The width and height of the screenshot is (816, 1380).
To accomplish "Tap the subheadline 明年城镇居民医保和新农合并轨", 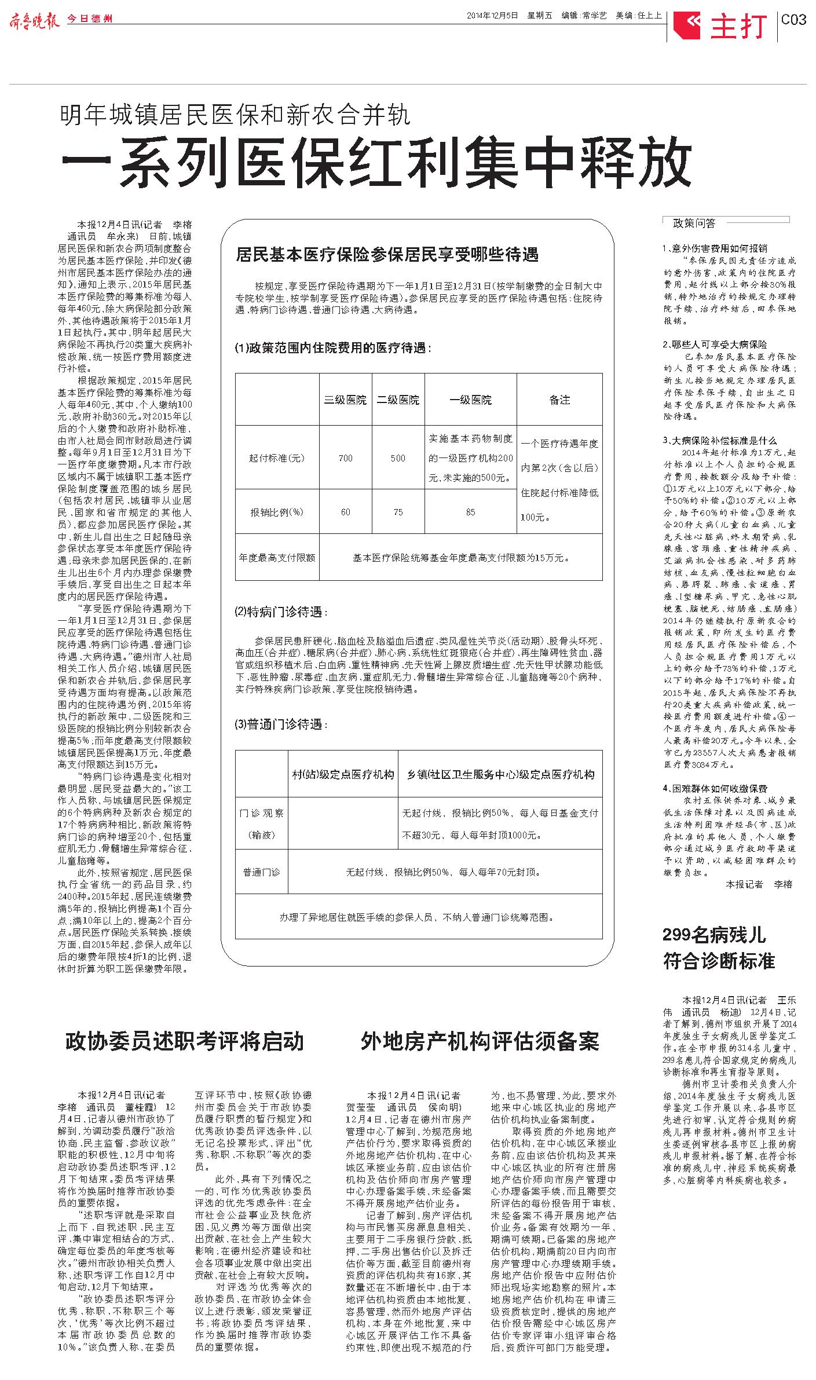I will (235, 115).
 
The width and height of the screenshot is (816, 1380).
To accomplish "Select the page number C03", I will (793, 20).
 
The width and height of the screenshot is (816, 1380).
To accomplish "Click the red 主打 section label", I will (738, 26).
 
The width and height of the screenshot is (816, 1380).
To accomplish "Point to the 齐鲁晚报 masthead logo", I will (34, 20).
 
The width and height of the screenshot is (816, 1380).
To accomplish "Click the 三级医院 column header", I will (345, 400).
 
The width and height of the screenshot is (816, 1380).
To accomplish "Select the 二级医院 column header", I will (398, 400).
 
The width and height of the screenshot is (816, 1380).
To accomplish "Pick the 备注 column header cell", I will (559, 400).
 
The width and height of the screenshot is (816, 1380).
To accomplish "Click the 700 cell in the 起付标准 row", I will (345, 457).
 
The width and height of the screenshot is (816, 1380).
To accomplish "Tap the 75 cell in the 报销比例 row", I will (398, 512).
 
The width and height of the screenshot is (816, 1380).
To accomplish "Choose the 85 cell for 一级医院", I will (470, 512).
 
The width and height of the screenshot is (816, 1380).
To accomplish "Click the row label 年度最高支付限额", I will (277, 558).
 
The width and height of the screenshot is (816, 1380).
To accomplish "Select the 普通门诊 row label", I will (261, 872).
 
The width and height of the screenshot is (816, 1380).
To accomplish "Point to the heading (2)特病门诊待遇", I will (280, 612).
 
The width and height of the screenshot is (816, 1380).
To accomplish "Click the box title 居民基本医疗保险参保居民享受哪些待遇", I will (387, 254).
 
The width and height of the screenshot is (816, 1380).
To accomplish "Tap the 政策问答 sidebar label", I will (694, 223).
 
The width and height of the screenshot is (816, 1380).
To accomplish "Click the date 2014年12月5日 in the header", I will (492, 16).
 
